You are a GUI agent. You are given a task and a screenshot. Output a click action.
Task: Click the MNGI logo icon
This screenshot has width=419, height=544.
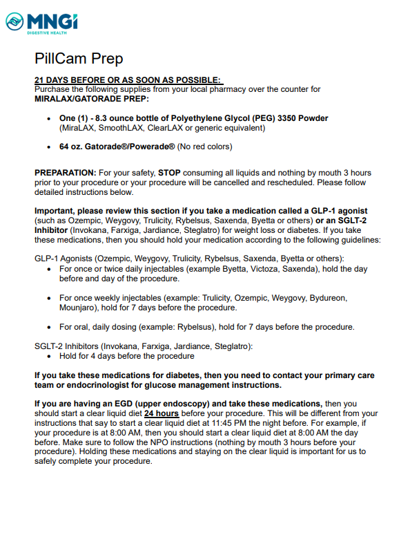tap(15, 22)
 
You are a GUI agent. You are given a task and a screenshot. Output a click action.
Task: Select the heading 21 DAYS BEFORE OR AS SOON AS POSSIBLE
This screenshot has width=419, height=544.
tap(128, 80)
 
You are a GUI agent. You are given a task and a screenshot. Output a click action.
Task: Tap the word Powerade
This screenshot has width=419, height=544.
tap(154, 147)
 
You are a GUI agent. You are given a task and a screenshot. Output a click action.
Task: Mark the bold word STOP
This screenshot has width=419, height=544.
tap(170, 172)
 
